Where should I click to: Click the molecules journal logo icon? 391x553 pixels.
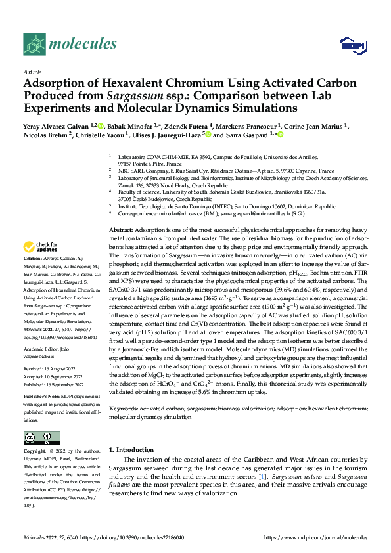34,44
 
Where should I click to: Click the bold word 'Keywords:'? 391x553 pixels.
123,409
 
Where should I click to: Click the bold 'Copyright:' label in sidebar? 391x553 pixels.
35,452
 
